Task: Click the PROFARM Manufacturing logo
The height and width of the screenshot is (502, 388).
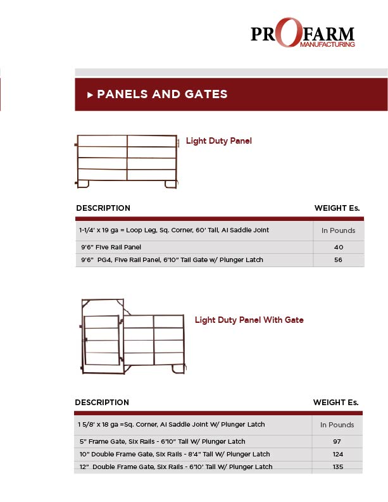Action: (x=303, y=33)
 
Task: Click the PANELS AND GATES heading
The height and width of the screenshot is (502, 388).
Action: (x=162, y=94)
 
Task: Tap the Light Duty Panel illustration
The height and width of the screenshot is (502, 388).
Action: (x=126, y=161)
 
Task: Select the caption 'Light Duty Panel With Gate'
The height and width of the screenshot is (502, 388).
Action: (x=249, y=320)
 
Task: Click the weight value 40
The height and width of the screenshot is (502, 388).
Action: (x=338, y=248)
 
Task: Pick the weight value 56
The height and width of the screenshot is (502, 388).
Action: (x=338, y=260)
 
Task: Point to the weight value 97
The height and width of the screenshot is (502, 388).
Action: (x=337, y=441)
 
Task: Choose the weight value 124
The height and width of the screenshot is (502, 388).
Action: (x=337, y=454)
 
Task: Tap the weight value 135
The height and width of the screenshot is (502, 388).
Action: (x=337, y=467)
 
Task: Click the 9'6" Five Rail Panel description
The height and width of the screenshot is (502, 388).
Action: (x=111, y=248)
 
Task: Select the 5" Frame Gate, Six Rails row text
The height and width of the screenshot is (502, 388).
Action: (x=161, y=441)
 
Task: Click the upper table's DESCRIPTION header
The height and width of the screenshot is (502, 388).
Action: (x=103, y=208)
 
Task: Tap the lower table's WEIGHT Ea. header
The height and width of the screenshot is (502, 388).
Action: (x=335, y=403)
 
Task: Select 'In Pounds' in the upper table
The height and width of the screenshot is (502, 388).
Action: (x=338, y=230)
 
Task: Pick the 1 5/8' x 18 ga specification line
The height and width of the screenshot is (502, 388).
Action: (x=171, y=424)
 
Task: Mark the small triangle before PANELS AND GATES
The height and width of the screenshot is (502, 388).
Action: (x=91, y=95)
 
